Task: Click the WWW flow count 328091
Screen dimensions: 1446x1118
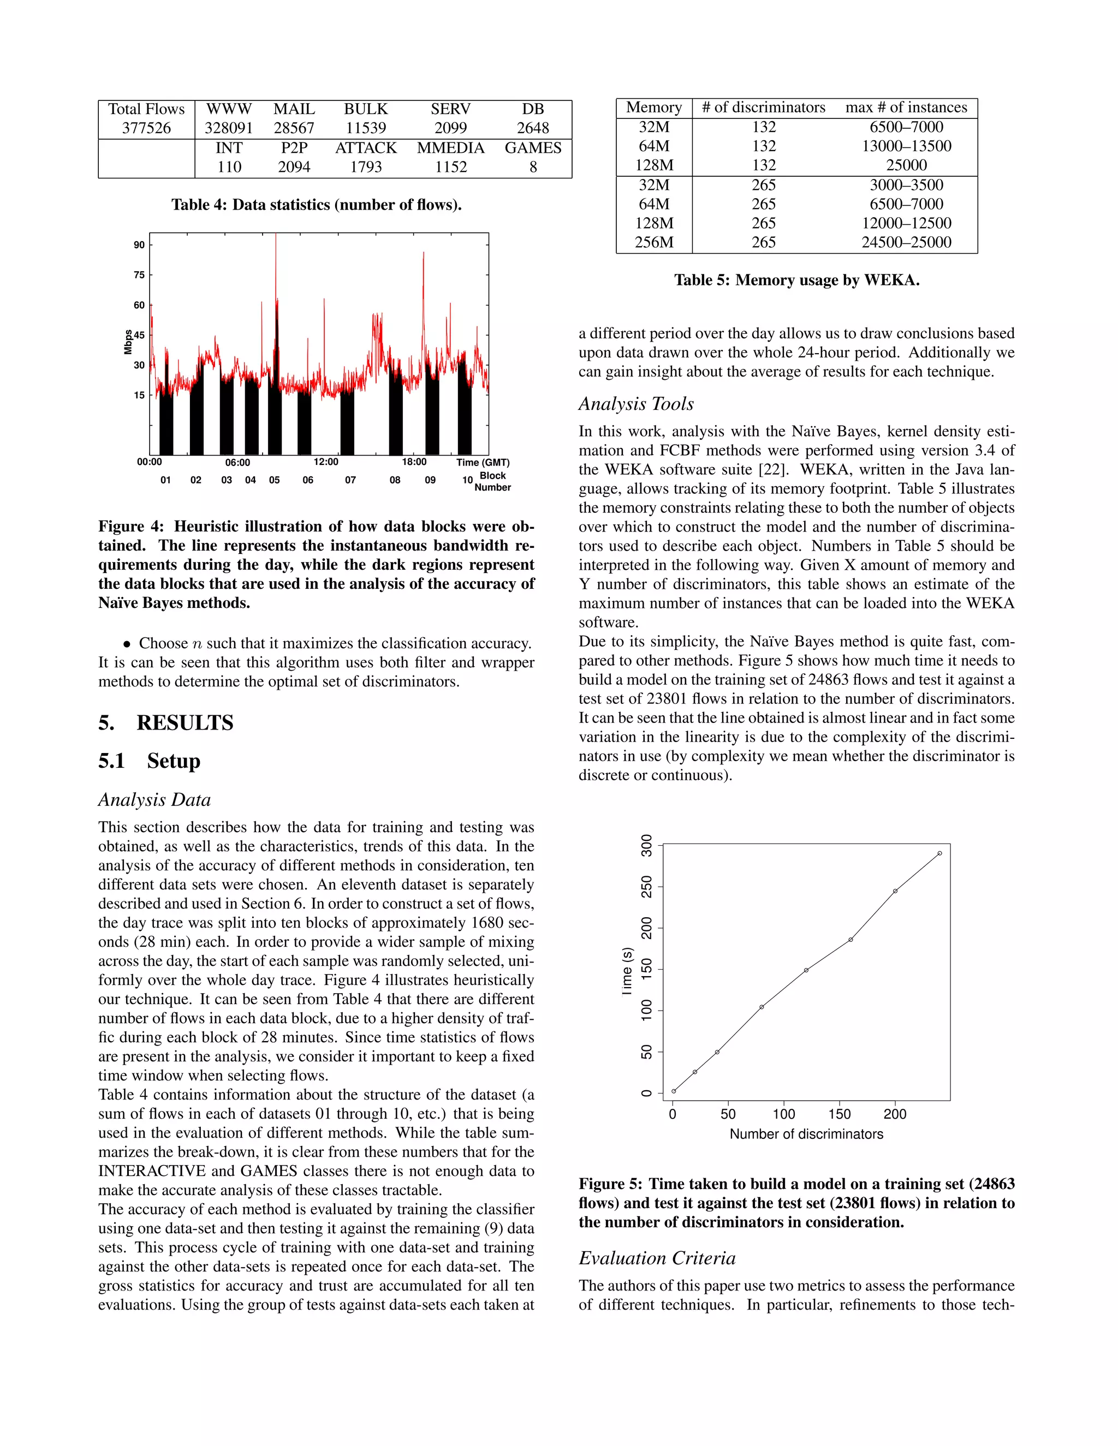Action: pos(229,128)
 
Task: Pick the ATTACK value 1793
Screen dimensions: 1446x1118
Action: pos(366,167)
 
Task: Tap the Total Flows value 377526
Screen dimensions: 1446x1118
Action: pos(146,128)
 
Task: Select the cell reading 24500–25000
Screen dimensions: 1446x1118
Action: pos(906,242)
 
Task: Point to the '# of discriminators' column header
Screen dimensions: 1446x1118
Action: pos(764,108)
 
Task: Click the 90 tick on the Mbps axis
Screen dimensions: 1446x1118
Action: pos(139,245)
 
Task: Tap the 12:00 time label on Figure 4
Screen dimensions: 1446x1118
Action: pos(326,462)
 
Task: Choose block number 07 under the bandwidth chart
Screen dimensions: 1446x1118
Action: pos(350,480)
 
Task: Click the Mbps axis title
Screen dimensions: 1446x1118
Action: pos(128,342)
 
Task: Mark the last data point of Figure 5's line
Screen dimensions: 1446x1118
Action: pos(939,853)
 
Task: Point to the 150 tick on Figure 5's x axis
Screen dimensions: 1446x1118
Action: pos(839,1114)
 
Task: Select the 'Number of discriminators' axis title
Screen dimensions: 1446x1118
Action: pos(806,1134)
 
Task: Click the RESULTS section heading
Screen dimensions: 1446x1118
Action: pos(185,722)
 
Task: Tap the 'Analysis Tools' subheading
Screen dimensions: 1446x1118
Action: pos(636,404)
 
